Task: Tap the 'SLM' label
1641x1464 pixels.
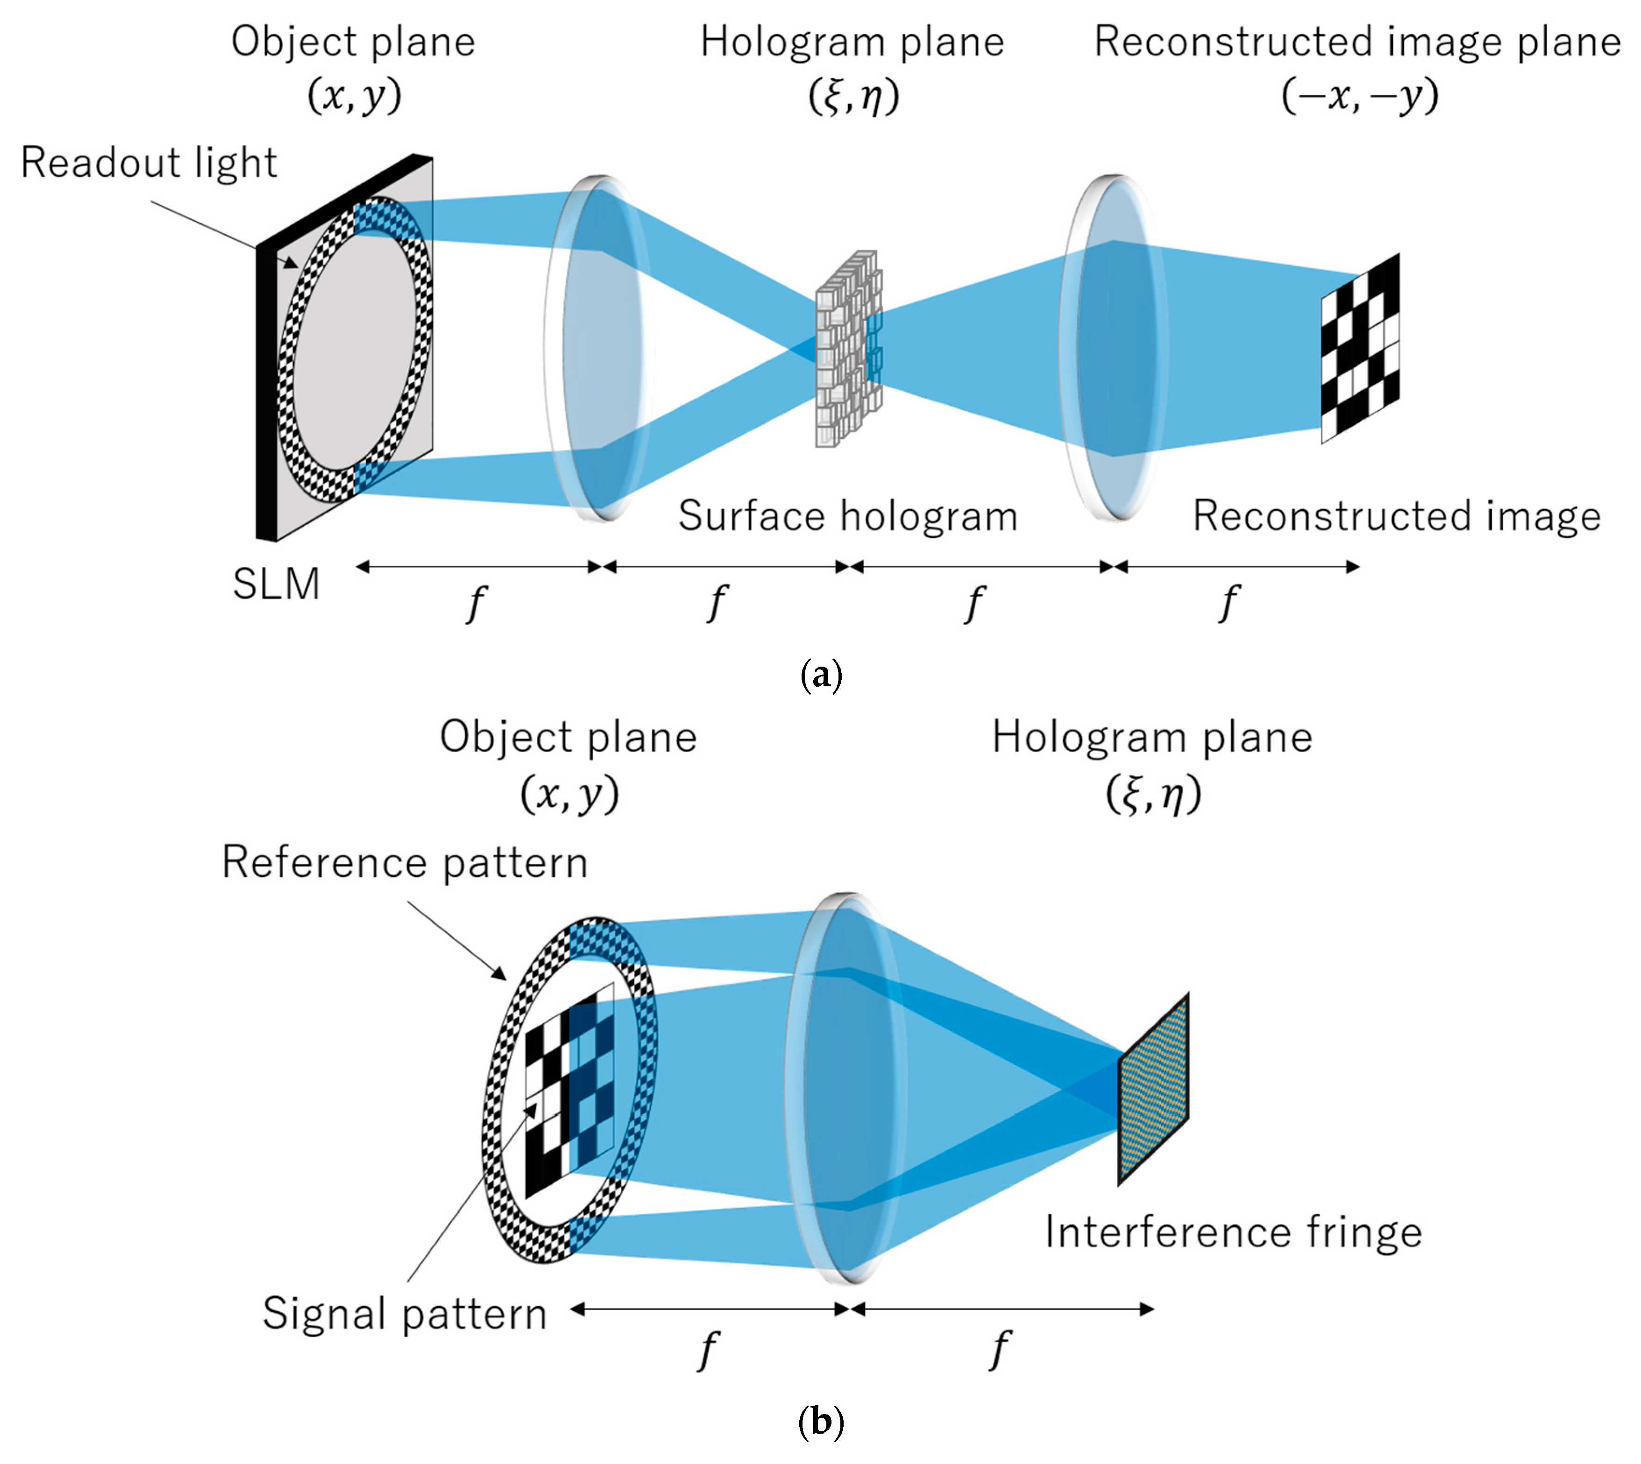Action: (276, 584)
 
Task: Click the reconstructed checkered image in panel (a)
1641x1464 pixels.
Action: (1360, 348)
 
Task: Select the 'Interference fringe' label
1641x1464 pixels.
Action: (1233, 1232)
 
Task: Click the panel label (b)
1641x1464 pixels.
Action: (821, 1422)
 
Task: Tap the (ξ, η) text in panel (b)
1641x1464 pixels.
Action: (1152, 795)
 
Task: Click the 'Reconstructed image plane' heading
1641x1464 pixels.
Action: (1357, 42)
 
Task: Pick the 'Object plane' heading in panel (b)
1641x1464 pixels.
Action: (568, 737)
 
